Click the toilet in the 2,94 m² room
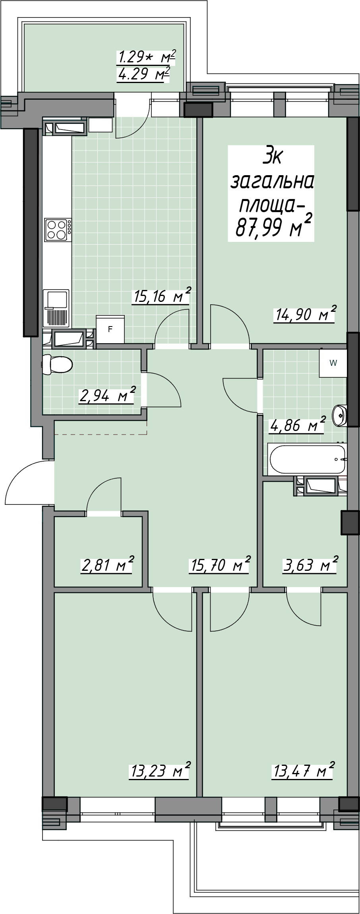tap(57, 364)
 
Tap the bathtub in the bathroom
tap(307, 459)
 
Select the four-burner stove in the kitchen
tap(58, 230)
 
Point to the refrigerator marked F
tap(110, 330)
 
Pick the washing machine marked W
tap(333, 363)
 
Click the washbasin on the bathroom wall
tap(340, 415)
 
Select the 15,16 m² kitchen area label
tap(161, 296)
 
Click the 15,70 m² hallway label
tap(219, 564)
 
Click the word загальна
tap(273, 182)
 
